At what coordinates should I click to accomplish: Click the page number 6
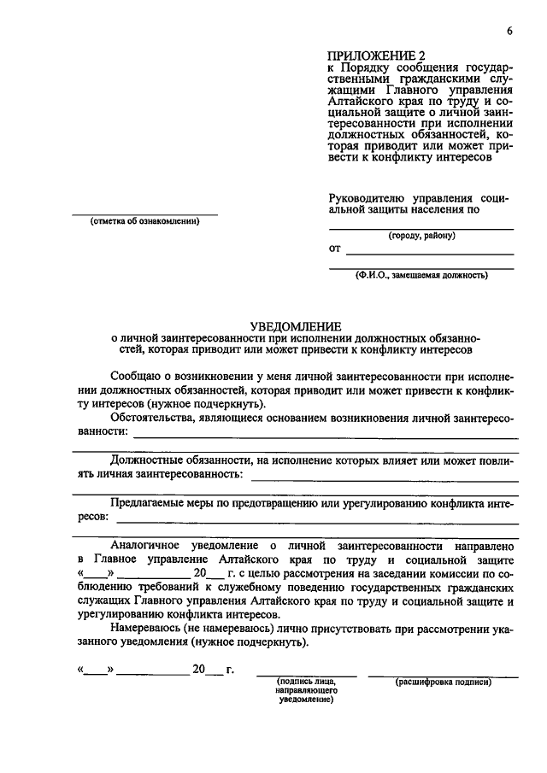coord(509,32)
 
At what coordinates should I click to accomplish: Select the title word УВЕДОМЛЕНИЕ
coord(295,325)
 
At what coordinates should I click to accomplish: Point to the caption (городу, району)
coord(421,236)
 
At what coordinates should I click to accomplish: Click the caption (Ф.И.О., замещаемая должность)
coord(422,275)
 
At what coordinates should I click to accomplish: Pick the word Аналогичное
coord(150,545)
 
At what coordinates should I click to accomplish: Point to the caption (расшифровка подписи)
coord(443,682)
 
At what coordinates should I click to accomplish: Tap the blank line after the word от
coord(429,254)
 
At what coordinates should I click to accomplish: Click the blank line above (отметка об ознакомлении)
coord(144,214)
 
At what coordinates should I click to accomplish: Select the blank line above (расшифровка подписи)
coord(443,676)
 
